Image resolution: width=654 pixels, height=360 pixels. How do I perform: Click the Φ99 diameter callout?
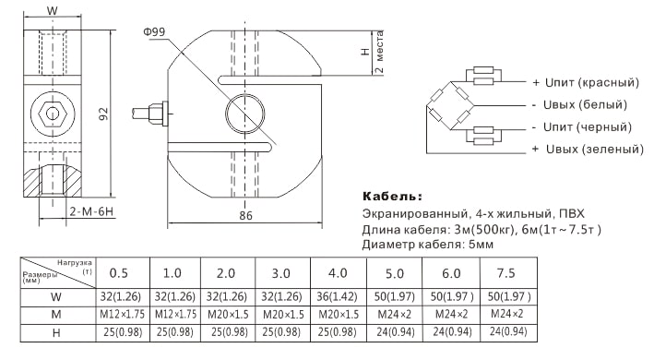click(154, 32)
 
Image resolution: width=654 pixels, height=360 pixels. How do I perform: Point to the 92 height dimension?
click(103, 114)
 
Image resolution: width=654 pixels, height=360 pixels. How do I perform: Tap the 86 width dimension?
click(245, 215)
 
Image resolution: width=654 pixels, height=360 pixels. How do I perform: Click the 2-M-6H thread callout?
click(91, 212)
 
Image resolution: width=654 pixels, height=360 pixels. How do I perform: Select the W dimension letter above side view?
click(53, 10)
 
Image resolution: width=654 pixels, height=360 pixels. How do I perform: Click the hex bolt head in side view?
click(53, 114)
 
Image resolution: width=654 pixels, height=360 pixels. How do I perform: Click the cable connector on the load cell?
click(150, 114)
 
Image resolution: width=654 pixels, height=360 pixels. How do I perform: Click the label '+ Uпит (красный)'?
click(586, 82)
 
